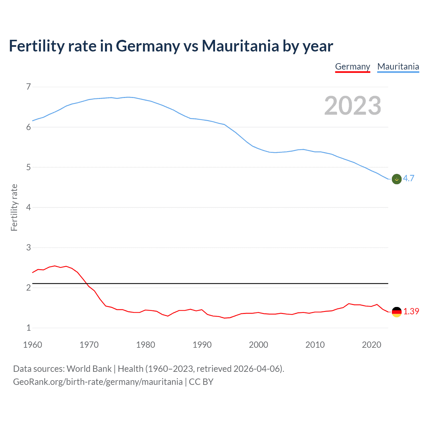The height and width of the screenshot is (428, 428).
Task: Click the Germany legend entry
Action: [352, 67]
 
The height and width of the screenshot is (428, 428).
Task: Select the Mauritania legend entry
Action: [398, 67]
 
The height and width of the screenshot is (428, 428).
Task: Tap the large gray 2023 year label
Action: [353, 106]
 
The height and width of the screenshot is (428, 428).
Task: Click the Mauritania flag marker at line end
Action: [397, 179]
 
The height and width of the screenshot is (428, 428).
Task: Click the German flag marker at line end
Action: [397, 312]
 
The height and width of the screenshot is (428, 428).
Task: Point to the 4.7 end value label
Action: [409, 178]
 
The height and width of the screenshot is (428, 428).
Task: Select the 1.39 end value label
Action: [411, 311]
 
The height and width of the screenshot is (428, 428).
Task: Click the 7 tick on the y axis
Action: [28, 87]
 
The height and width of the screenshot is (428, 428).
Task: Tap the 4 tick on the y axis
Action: [28, 207]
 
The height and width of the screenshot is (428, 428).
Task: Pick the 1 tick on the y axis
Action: [28, 328]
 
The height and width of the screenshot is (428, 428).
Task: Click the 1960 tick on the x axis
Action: [32, 345]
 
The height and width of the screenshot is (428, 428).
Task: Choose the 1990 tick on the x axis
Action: [202, 345]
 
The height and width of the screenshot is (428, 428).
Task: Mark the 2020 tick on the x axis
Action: [371, 345]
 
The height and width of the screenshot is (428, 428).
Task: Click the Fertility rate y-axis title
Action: [14, 207]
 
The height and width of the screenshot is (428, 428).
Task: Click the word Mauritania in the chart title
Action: [240, 46]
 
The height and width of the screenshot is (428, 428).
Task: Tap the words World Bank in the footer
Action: [89, 369]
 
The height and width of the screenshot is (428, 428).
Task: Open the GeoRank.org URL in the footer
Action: [98, 382]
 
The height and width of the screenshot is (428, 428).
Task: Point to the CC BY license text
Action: [201, 382]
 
